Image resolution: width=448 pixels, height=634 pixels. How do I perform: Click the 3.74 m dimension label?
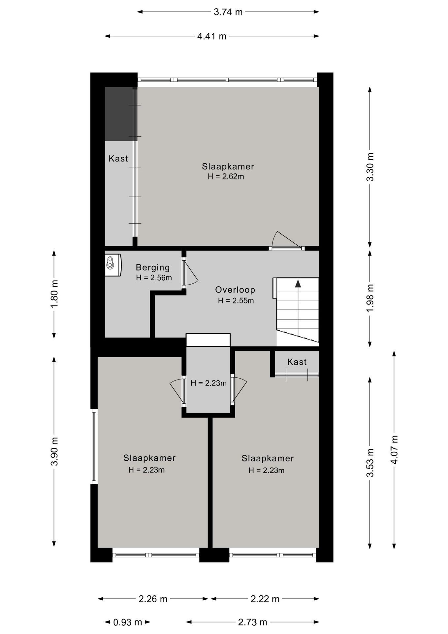tap(228, 12)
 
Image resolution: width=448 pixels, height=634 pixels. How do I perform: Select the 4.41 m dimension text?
tap(212, 36)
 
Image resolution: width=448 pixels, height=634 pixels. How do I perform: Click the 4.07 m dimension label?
tap(394, 449)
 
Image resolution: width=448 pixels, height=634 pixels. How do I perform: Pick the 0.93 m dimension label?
tap(127, 622)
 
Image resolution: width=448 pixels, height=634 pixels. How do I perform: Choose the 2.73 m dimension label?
tap(252, 622)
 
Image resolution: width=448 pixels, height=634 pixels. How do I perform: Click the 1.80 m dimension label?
tap(54, 294)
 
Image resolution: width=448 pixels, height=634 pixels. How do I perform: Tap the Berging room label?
tap(153, 267)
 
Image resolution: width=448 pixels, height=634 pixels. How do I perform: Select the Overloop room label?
tap(235, 290)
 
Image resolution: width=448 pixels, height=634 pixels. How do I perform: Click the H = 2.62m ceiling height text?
tap(226, 177)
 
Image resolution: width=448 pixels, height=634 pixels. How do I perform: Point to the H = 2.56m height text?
tap(154, 278)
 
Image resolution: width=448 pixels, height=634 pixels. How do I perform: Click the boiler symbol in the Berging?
tap(113, 265)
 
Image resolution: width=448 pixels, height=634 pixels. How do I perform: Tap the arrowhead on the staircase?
tap(298, 283)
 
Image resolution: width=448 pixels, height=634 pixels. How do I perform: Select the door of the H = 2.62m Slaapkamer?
tap(286, 241)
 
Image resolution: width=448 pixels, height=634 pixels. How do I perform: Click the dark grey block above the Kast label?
tap(121, 114)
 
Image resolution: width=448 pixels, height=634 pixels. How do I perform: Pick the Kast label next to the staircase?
tap(297, 362)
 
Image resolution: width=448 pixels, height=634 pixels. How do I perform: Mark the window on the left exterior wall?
tap(94, 446)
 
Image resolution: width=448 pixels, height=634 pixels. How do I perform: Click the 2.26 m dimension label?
tap(153, 599)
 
